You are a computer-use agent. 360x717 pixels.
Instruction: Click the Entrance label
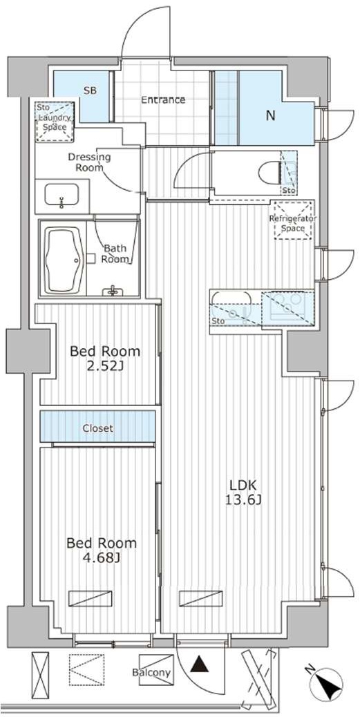(x=163, y=99)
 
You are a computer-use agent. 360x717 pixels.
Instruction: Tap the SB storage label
(x=90, y=90)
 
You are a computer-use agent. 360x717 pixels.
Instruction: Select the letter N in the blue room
(x=271, y=115)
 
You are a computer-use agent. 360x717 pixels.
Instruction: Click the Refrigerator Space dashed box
(x=293, y=220)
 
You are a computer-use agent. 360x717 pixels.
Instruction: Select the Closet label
(x=97, y=428)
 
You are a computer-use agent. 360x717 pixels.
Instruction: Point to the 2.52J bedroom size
(x=105, y=367)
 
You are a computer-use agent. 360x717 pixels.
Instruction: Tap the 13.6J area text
(x=243, y=500)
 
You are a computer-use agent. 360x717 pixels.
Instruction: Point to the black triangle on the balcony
(x=200, y=665)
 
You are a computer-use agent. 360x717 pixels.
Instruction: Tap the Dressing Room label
(x=89, y=162)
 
